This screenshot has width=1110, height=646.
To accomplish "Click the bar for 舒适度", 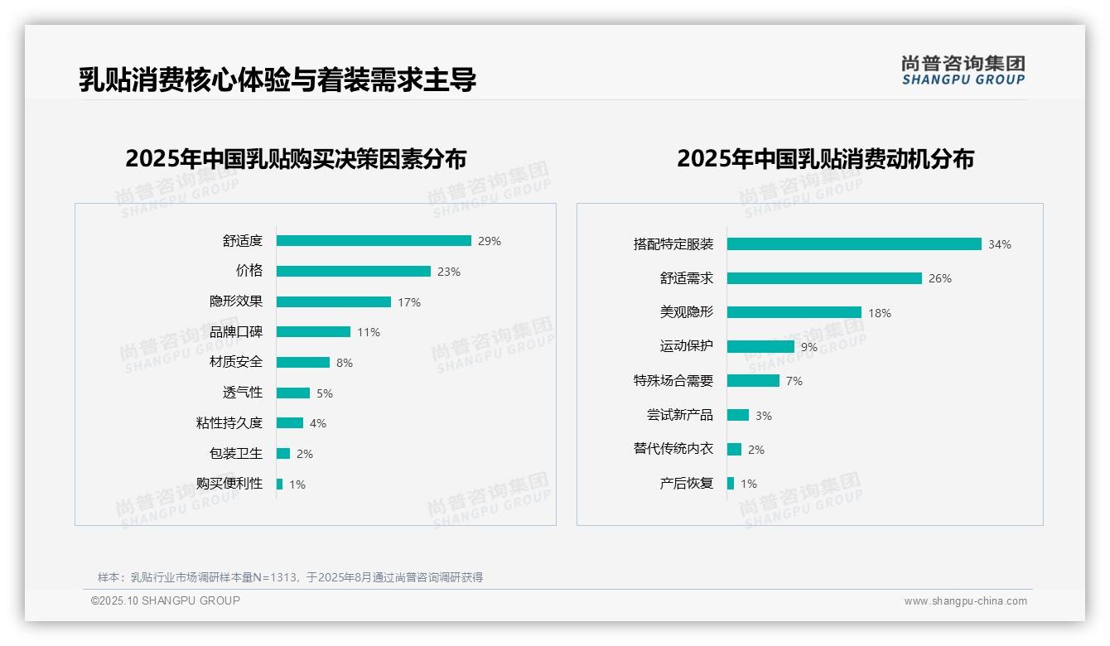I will (374, 241).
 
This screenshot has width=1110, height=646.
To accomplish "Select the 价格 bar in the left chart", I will (354, 272).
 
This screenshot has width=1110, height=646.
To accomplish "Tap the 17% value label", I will (409, 302).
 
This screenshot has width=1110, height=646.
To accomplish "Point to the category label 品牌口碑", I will (236, 332).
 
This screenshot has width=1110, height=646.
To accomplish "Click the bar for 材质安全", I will (303, 363).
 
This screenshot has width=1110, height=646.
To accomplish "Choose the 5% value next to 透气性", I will (323, 393).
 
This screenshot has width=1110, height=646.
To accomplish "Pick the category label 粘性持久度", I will (229, 423).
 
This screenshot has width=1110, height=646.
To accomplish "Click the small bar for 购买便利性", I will (279, 484).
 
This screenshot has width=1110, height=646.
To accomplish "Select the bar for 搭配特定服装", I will (854, 244).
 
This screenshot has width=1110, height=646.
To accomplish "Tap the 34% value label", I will (1000, 245).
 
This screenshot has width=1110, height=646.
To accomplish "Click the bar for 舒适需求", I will (824, 278).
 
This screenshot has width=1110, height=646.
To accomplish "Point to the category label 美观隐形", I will (687, 312).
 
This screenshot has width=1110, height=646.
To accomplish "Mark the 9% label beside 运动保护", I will (809, 348).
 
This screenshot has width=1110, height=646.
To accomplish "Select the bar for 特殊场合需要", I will (753, 381).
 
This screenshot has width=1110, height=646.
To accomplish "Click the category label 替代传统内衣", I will (673, 449).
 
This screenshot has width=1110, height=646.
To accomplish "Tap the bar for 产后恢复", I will (731, 484).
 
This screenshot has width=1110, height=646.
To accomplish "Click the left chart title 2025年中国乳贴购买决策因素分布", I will (296, 159).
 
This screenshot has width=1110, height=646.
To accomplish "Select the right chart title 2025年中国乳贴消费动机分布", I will (825, 159).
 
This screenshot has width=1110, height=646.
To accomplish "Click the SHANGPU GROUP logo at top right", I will (963, 70).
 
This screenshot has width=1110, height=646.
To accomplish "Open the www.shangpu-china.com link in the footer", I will (965, 601).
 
